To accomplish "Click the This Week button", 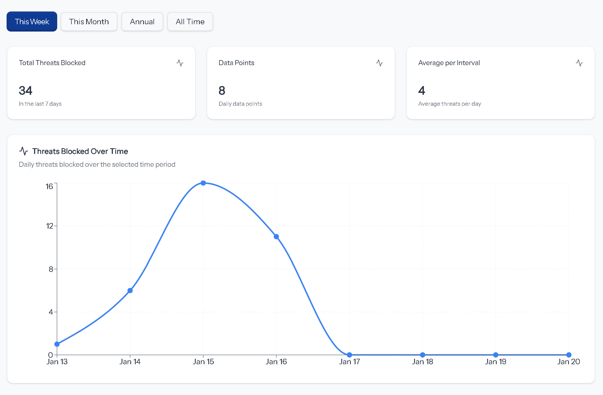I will [x=32, y=22].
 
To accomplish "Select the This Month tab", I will [x=89, y=22].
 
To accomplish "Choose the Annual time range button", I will [x=142, y=22].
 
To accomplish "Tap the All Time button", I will [x=190, y=22].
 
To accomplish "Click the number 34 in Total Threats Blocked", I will [x=26, y=90].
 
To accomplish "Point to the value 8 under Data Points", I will [x=222, y=90].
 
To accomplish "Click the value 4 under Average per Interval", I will [x=421, y=90].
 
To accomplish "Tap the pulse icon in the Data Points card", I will [x=379, y=63].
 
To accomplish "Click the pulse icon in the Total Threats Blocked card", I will [x=180, y=63].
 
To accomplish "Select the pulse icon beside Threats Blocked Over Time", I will [x=24, y=151].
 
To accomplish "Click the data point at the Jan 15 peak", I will [x=203, y=183].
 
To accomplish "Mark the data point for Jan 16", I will [x=276, y=237].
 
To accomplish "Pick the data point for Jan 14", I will [x=130, y=291].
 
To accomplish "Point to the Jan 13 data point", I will [x=57, y=344].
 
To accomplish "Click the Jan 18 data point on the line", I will [x=423, y=355].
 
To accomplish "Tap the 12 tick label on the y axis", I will [x=49, y=226].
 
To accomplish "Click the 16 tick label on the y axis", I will [x=49, y=186].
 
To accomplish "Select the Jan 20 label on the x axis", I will [x=568, y=362].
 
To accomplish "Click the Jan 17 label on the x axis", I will [x=349, y=362].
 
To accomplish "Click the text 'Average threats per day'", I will [x=450, y=104].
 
